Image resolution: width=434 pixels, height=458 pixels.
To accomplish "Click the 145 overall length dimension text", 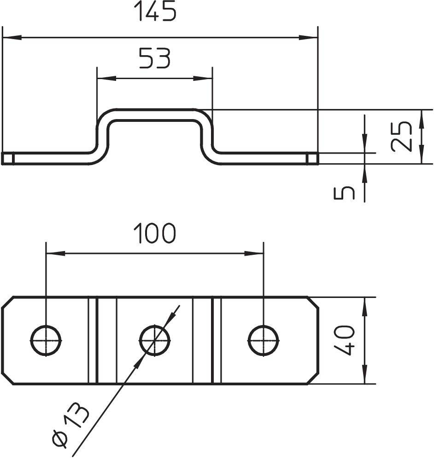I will (155, 12).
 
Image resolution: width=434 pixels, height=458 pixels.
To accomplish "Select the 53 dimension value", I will (155, 59).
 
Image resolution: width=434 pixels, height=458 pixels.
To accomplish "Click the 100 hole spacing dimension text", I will (155, 233).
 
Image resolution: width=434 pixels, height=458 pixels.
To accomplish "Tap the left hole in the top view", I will (46, 341).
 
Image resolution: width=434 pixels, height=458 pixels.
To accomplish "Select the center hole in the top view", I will (155, 341).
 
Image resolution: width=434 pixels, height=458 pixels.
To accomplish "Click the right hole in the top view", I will (264, 341).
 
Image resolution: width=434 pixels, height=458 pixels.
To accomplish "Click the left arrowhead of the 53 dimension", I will (105, 78).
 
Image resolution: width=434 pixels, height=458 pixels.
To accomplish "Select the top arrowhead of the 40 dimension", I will (364, 305).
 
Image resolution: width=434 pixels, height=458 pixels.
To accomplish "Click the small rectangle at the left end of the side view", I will (7, 159).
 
